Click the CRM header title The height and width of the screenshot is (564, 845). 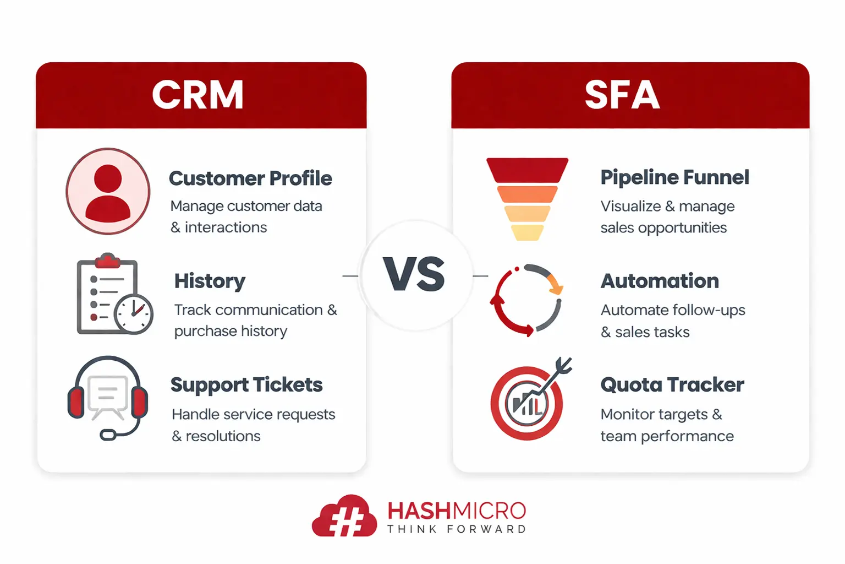pyautogui.click(x=198, y=95)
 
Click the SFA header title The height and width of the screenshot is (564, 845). pyautogui.click(x=622, y=95)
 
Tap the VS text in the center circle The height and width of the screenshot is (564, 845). pyautogui.click(x=415, y=274)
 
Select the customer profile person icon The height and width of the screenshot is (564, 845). pyautogui.click(x=108, y=192)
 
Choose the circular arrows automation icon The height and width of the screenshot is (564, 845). pyautogui.click(x=526, y=300)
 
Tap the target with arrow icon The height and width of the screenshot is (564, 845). pyautogui.click(x=529, y=401)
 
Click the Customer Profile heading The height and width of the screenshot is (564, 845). pyautogui.click(x=250, y=178)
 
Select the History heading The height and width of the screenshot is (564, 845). pyautogui.click(x=210, y=281)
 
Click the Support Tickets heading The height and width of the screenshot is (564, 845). pyautogui.click(x=246, y=384)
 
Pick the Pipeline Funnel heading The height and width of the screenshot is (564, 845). pyautogui.click(x=674, y=177)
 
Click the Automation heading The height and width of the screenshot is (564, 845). pyautogui.click(x=660, y=281)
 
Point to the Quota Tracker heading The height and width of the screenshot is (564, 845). pyautogui.click(x=672, y=384)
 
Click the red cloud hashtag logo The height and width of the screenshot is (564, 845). pyautogui.click(x=344, y=517)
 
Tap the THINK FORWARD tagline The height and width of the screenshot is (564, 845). pyautogui.click(x=457, y=529)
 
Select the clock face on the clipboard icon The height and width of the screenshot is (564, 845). pyautogui.click(x=134, y=314)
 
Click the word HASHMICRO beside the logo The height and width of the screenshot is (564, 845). pyautogui.click(x=457, y=511)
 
